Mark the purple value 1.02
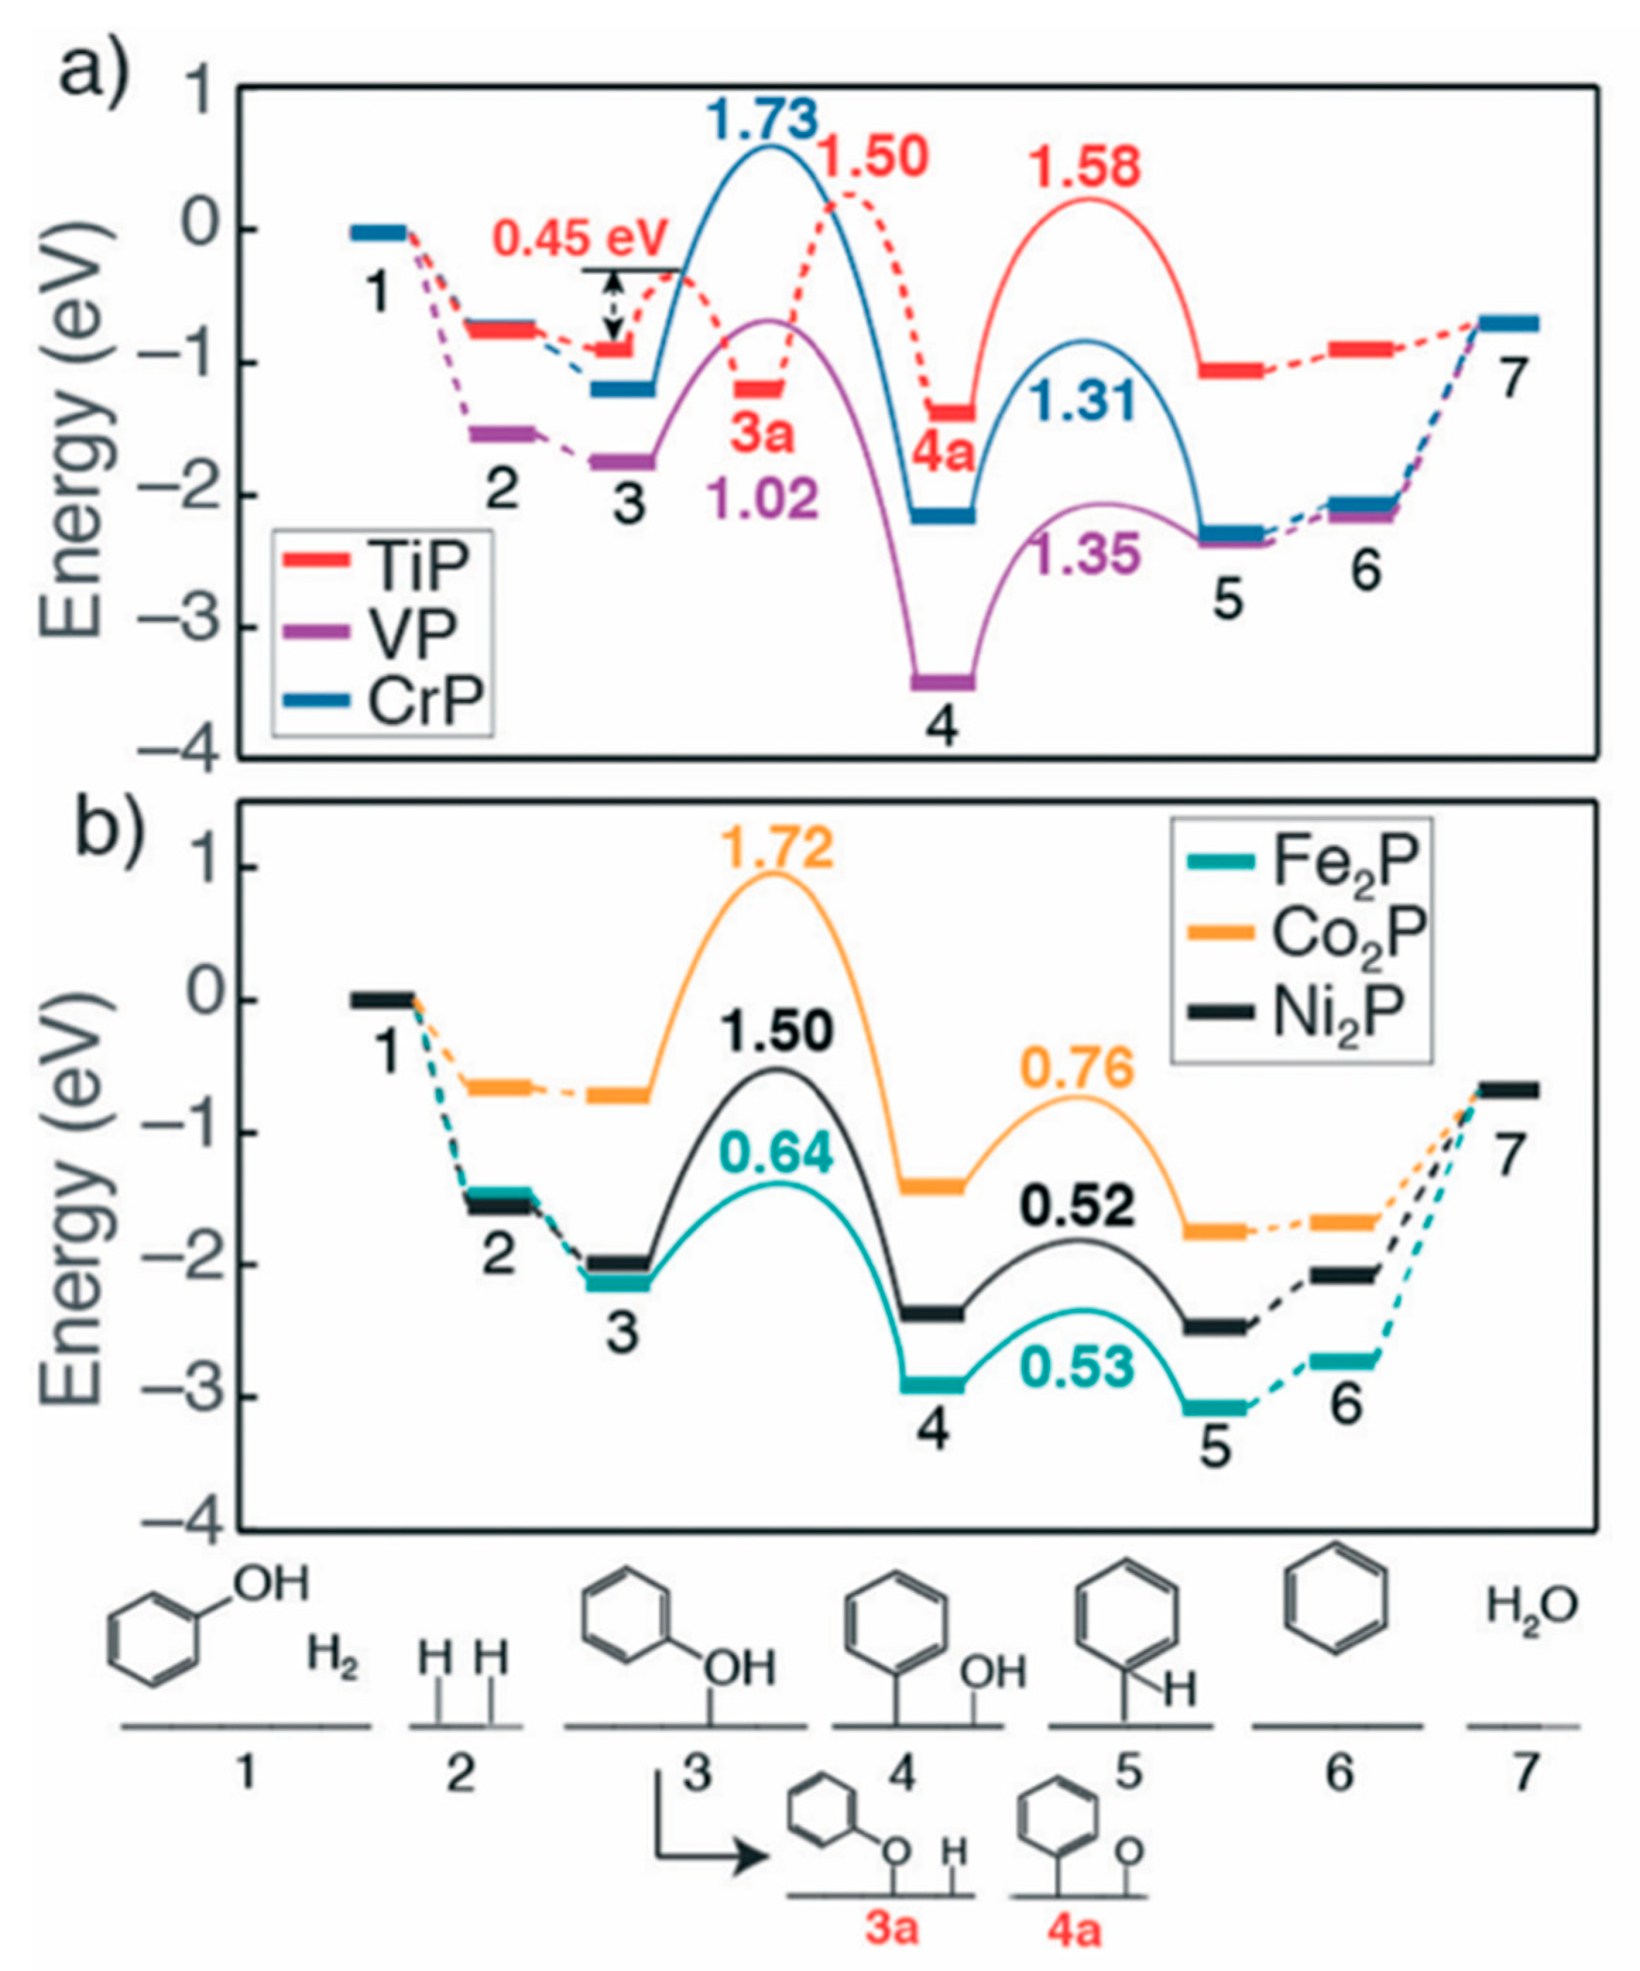click(x=764, y=500)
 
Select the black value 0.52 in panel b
click(x=1078, y=1207)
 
